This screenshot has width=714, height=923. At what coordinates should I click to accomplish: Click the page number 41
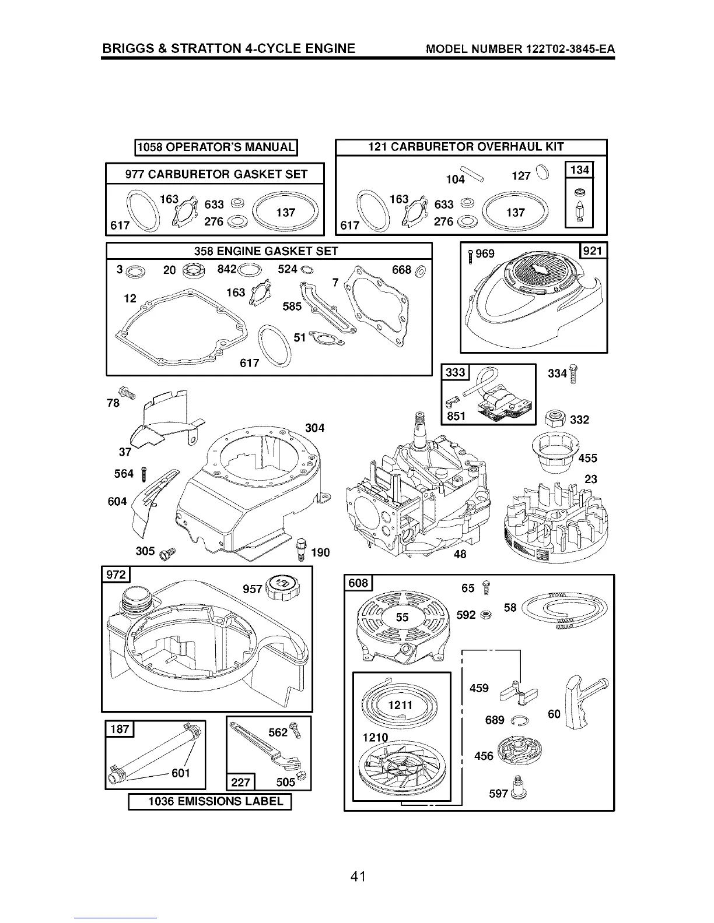pyautogui.click(x=358, y=877)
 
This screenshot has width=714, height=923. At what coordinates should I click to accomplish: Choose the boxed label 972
pyautogui.click(x=116, y=575)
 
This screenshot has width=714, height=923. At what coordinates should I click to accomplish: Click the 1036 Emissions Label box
pyautogui.click(x=209, y=802)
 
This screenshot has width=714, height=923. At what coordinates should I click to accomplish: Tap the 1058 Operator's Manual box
pyautogui.click(x=216, y=147)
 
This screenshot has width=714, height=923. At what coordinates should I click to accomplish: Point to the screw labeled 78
pyautogui.click(x=127, y=394)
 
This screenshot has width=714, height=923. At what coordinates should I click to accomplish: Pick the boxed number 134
pyautogui.click(x=580, y=170)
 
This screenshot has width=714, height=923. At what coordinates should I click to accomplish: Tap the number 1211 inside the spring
pyautogui.click(x=400, y=706)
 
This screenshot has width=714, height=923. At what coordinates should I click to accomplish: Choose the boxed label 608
pyautogui.click(x=358, y=583)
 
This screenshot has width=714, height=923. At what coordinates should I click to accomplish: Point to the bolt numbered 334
pyautogui.click(x=573, y=373)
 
